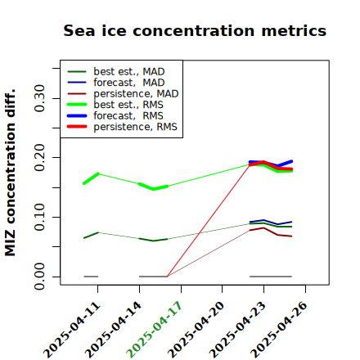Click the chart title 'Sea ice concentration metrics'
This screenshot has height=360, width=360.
195,30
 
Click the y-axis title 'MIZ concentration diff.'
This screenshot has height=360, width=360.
11,173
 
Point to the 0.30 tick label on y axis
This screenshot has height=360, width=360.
39,98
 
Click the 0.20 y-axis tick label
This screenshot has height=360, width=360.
39,158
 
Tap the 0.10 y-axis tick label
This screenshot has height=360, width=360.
39,217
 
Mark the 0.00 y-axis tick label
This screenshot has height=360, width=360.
39,277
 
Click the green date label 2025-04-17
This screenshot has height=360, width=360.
154,329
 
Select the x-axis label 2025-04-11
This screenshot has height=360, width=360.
71,329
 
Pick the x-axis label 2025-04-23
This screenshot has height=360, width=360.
237,329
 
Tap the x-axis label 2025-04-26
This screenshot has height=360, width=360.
279,329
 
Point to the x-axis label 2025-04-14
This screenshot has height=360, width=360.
113,329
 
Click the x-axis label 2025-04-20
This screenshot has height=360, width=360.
196,329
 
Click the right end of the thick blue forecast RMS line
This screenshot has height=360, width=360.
291,161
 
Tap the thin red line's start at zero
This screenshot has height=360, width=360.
167,277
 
